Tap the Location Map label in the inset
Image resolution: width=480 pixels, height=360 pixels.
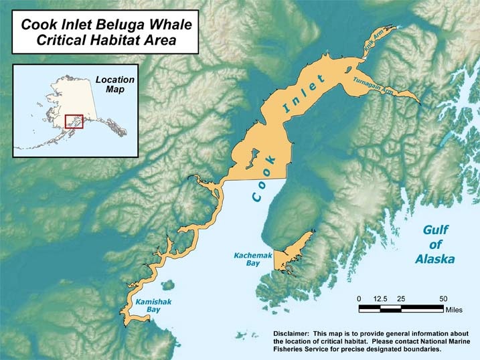114,84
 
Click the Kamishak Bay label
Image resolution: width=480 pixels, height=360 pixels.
153,306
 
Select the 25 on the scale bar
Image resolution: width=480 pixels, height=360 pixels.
402,298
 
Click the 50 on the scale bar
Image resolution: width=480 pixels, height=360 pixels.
443,298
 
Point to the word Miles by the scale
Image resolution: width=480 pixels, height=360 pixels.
454,310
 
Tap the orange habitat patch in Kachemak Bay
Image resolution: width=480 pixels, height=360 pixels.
291,254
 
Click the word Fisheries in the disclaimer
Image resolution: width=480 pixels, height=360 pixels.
293,349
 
